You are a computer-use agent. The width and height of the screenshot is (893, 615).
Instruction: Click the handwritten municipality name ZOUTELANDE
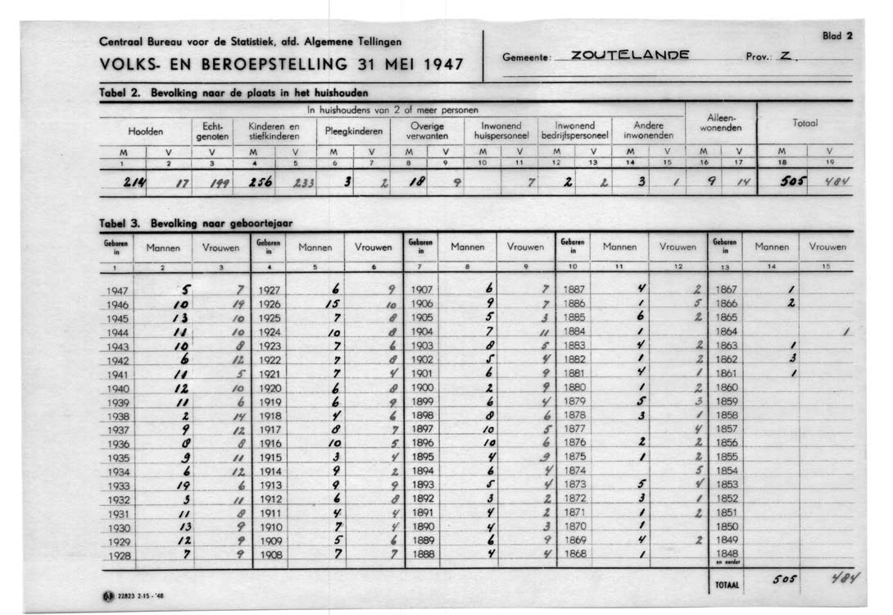point(630,56)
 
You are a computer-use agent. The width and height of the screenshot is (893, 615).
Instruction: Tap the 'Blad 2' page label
point(838,36)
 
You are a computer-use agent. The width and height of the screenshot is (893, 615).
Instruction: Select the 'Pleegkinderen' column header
point(354,130)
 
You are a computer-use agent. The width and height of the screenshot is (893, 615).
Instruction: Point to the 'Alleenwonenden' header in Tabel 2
point(720,124)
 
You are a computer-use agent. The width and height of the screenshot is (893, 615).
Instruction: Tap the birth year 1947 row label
point(117,290)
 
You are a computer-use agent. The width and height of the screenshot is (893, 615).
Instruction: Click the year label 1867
point(727,290)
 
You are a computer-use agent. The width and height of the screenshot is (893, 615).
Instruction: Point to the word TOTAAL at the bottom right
point(726,585)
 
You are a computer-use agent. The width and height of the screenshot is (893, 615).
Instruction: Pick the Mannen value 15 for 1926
point(332,304)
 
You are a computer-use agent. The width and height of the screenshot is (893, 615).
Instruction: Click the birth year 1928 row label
point(117,555)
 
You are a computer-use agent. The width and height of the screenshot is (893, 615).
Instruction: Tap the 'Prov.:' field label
point(758,57)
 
